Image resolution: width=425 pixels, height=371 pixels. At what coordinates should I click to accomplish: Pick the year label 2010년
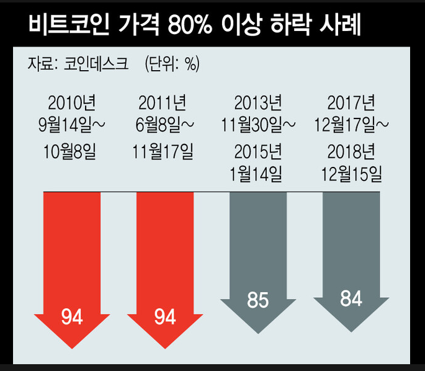click(x=71, y=102)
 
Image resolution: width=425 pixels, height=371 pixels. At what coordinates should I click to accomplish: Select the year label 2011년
click(x=164, y=102)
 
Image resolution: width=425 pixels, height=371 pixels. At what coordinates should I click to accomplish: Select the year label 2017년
click(x=351, y=102)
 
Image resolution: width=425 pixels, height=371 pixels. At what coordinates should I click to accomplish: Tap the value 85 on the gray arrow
click(x=257, y=300)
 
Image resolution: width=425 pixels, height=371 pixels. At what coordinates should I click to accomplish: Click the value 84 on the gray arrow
click(x=351, y=298)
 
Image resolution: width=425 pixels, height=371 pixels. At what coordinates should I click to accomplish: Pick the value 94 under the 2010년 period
click(x=72, y=318)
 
